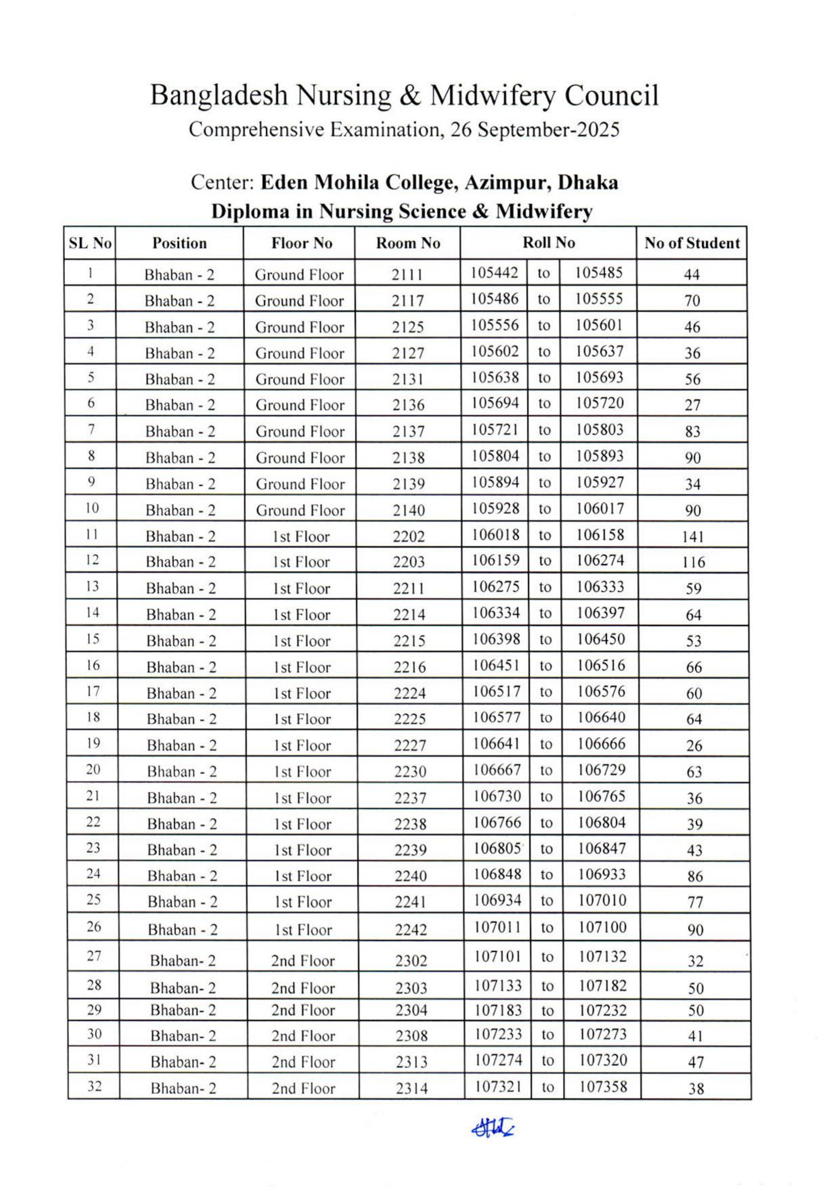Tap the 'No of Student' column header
pos(692,243)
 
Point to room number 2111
pos(407,275)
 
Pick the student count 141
pos(693,537)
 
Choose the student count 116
pos(693,562)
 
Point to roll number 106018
pos(496,535)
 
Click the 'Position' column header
pos(179,243)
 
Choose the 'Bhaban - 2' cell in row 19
pos(181,746)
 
